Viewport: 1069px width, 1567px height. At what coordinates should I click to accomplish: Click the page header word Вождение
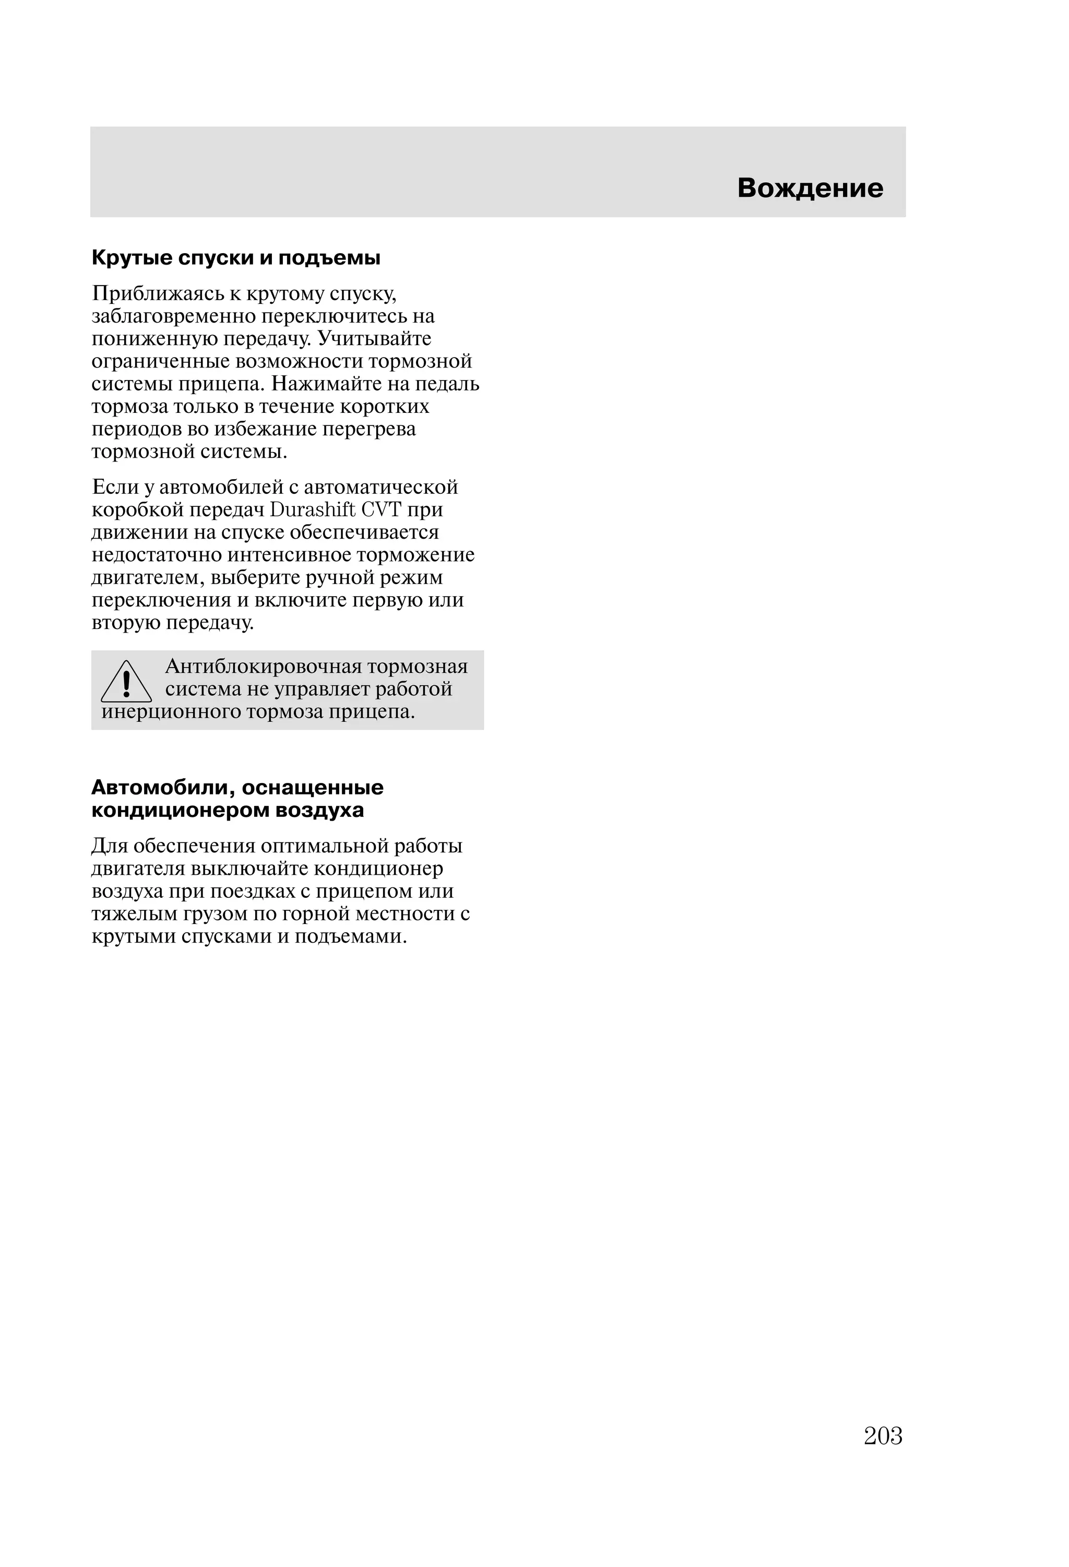click(810, 188)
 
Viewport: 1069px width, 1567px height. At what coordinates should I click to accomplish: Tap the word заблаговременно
click(173, 317)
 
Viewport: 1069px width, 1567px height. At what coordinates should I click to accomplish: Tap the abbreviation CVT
click(382, 511)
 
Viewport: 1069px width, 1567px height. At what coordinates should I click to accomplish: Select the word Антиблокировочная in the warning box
click(260, 668)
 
